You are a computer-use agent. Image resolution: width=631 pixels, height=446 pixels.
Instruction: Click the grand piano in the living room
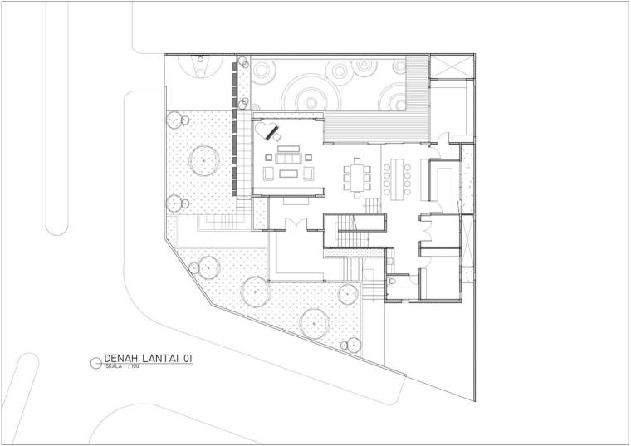coord(267,131)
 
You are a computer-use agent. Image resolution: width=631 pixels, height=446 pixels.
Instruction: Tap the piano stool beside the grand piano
coord(277,137)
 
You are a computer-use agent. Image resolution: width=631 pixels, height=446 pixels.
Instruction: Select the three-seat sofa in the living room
coord(288,157)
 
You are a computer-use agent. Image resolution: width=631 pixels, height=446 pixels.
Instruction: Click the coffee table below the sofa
coord(289,174)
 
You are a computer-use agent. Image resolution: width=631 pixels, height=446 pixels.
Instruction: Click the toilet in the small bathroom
coord(393,280)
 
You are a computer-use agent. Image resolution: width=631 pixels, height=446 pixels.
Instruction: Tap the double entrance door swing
coord(296,224)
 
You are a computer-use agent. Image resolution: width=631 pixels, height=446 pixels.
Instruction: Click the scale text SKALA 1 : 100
coord(122,367)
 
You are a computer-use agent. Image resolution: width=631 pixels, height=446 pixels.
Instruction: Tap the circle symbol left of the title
coord(96,363)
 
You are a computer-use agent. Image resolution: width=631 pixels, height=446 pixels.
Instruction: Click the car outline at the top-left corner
coord(200,66)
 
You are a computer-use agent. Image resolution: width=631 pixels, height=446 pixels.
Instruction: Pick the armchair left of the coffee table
coord(269,174)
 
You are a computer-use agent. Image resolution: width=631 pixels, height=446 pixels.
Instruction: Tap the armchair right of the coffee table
coord(308,174)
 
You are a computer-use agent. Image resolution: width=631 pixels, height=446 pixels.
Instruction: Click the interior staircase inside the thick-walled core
coord(353,231)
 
